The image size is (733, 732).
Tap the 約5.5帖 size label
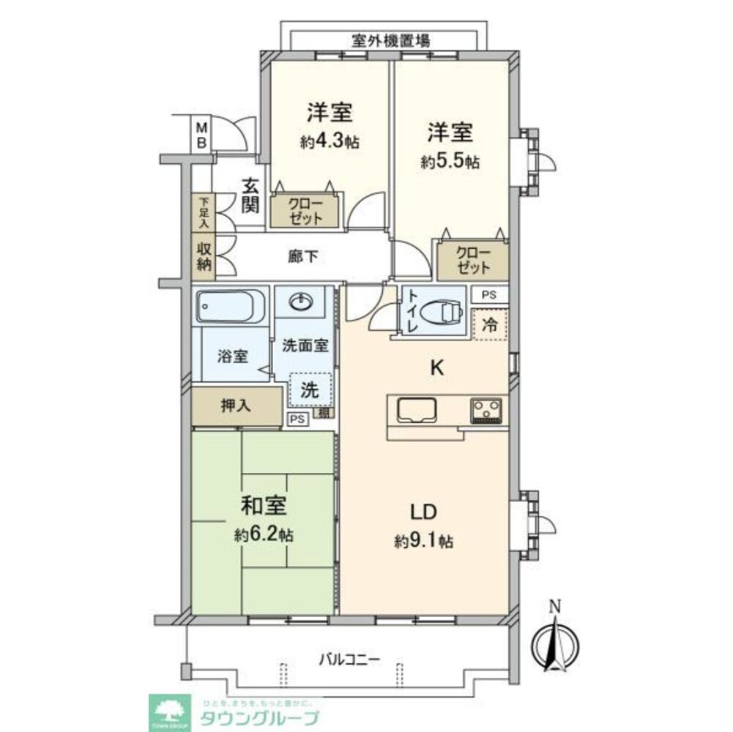[x=450, y=163]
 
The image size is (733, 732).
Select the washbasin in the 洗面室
[x=303, y=302]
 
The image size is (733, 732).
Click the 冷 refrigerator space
[x=491, y=325]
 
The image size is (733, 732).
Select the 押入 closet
[x=237, y=406]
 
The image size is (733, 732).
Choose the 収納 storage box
[x=204, y=258]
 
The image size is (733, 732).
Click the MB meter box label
[x=200, y=135]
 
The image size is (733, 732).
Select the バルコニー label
[x=349, y=659]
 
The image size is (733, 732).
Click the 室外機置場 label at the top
[x=380, y=41]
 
